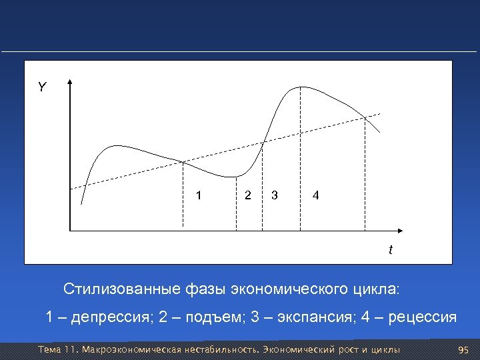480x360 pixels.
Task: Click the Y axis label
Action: pos(42,87)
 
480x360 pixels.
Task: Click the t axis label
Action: pos(391,250)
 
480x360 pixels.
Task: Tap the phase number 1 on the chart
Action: pos(198,195)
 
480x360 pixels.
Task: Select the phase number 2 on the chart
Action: pos(248,195)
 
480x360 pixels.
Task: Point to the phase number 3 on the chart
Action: pos(274,195)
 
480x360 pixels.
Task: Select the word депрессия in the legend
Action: pos(110,317)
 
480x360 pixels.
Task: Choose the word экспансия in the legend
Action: pos(309,317)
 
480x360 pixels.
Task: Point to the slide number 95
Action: pos(465,349)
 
